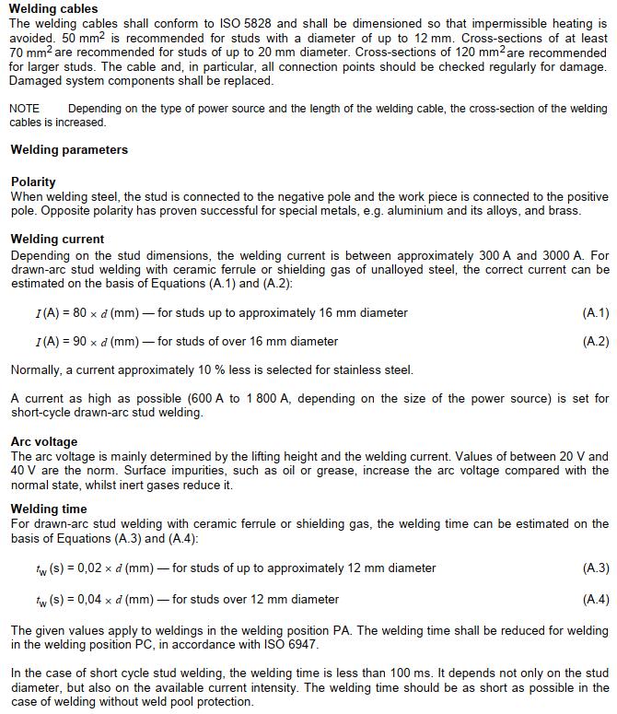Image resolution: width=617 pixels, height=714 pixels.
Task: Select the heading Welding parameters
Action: coord(69,149)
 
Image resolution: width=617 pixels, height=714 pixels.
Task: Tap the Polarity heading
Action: coord(33,181)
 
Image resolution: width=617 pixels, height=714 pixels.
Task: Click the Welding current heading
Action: coord(57,239)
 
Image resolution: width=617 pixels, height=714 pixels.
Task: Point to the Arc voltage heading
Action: coord(44,441)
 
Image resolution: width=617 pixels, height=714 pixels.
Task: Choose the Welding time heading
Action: coord(49,509)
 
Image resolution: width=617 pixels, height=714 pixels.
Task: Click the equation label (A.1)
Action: coord(596,312)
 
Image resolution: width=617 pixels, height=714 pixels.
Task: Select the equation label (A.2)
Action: coord(596,341)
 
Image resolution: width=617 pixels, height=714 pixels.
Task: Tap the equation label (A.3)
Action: coord(596,568)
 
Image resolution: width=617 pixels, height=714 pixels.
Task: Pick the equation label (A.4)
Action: coord(596,599)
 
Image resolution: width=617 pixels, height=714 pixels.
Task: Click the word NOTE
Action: coord(25,109)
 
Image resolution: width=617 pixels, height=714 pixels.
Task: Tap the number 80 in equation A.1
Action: coord(80,313)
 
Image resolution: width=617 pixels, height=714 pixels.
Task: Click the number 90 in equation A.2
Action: coord(80,342)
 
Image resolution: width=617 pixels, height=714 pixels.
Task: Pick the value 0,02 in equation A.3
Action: coord(83,568)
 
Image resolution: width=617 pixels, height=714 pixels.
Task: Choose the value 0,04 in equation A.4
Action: coord(83,600)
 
